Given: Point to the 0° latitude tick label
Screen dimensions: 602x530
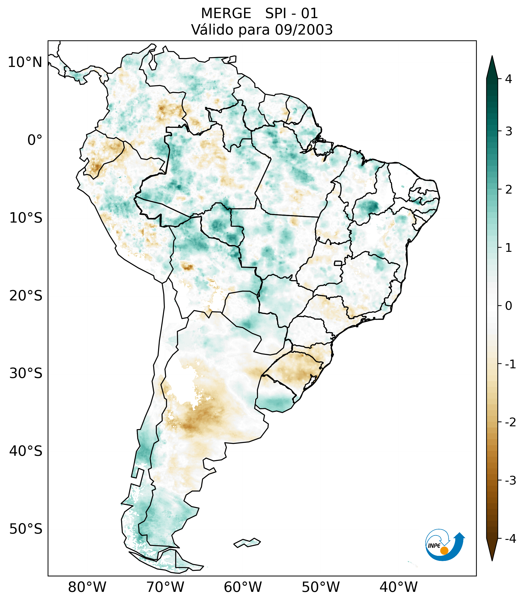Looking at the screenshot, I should coord(35,140).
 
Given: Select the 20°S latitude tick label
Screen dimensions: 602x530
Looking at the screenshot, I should coord(26,296).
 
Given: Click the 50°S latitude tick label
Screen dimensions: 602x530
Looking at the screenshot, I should coord(26,529).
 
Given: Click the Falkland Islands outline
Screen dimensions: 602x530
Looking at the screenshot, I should coord(247,543).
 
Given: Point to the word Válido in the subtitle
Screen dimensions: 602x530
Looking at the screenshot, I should coord(210,30).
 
